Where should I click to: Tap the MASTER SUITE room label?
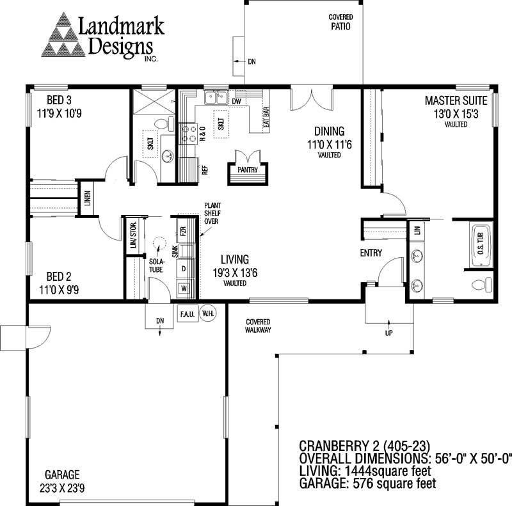pos(456,100)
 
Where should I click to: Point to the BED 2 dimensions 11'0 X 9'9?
pos(59,289)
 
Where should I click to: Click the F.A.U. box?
pos(188,315)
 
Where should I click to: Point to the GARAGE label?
pos(62,475)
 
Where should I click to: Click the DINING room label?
pos(329,132)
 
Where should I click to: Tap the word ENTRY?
pos(371,253)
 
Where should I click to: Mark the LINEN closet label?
pos(87,200)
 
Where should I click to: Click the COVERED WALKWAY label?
pos(259,326)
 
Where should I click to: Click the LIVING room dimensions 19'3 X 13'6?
pos(234,272)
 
